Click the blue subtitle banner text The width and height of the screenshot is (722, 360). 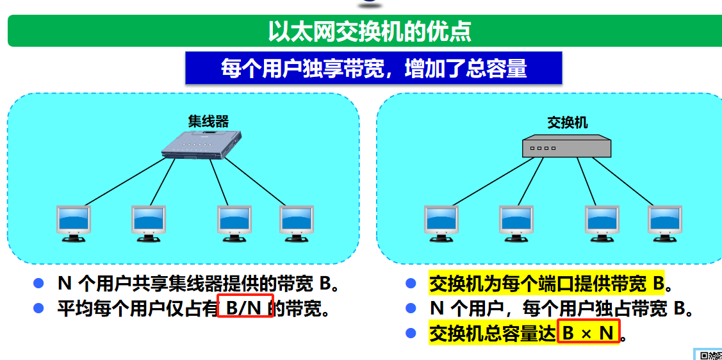click(x=373, y=68)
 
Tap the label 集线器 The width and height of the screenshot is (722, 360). click(x=208, y=121)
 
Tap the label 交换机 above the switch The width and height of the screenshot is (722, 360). click(x=567, y=122)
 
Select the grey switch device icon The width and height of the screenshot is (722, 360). click(x=567, y=147)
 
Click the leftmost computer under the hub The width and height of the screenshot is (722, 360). click(x=74, y=223)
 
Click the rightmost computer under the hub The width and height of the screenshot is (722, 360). click(x=296, y=223)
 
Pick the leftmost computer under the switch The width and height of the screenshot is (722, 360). click(x=441, y=223)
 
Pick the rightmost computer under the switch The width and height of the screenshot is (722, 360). click(x=664, y=223)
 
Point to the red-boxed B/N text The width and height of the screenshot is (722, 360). click(x=245, y=309)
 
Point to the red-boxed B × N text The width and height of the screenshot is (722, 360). click(x=588, y=333)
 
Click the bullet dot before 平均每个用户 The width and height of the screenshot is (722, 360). click(x=38, y=308)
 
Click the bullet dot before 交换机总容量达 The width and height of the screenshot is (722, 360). click(x=411, y=333)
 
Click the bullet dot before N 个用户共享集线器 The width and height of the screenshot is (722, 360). click(x=38, y=283)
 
